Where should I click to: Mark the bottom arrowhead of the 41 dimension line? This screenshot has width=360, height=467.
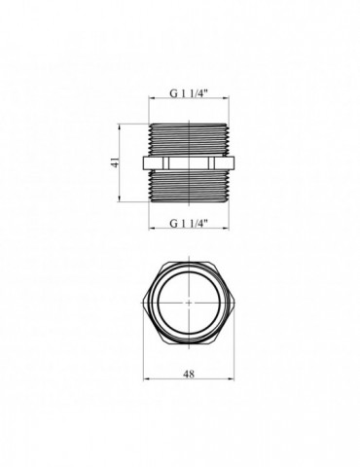120,200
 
